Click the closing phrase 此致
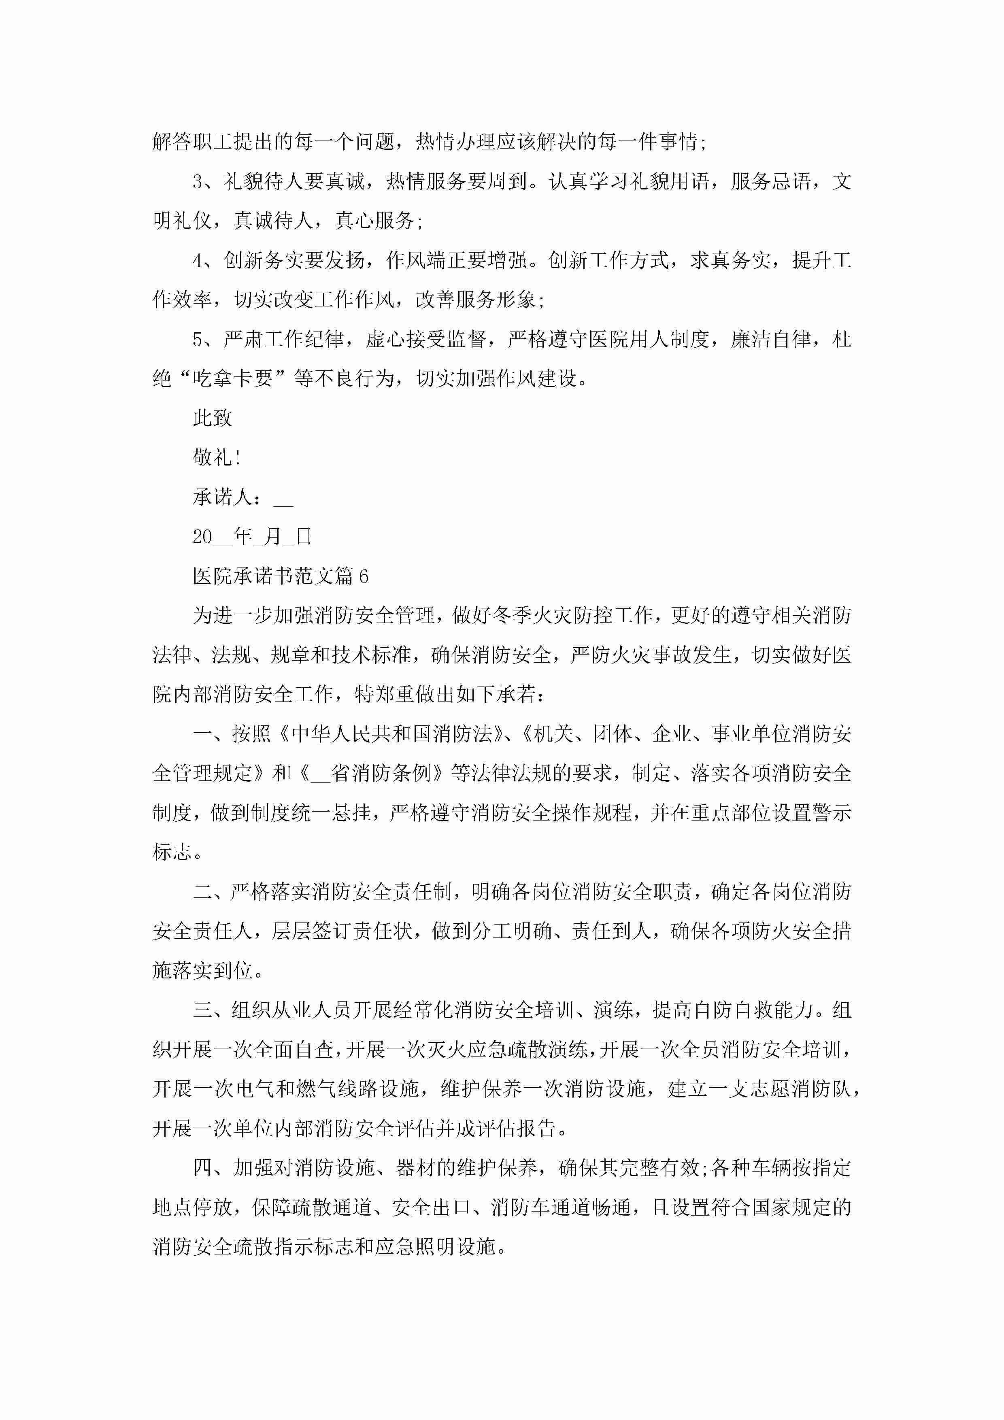(x=212, y=418)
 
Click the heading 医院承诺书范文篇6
(x=280, y=576)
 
